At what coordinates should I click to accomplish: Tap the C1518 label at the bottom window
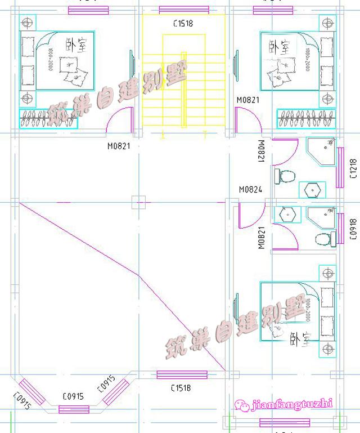181,388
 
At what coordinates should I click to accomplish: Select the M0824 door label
250,190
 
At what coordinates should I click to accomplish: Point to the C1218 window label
353,168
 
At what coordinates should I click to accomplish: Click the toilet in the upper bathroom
285,176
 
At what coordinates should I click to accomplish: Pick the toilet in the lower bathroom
323,239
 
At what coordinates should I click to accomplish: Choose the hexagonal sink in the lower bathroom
287,215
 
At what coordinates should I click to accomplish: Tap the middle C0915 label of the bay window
73,396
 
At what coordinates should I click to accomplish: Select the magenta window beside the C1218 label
340,168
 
